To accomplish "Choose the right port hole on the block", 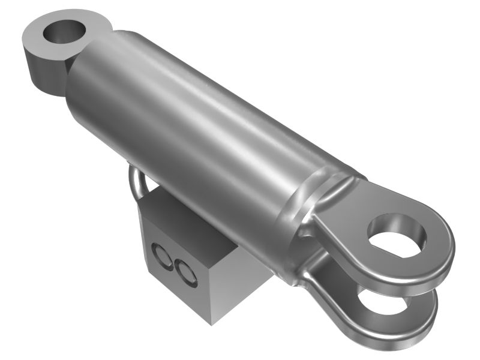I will point(185,271).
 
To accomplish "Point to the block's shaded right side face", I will point(240,282).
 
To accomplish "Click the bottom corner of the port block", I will point(211,321).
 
